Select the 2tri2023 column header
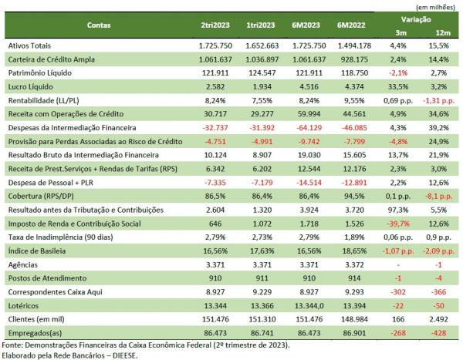coord(211,25)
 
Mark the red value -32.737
coord(212,128)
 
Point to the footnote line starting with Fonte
coord(147,345)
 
